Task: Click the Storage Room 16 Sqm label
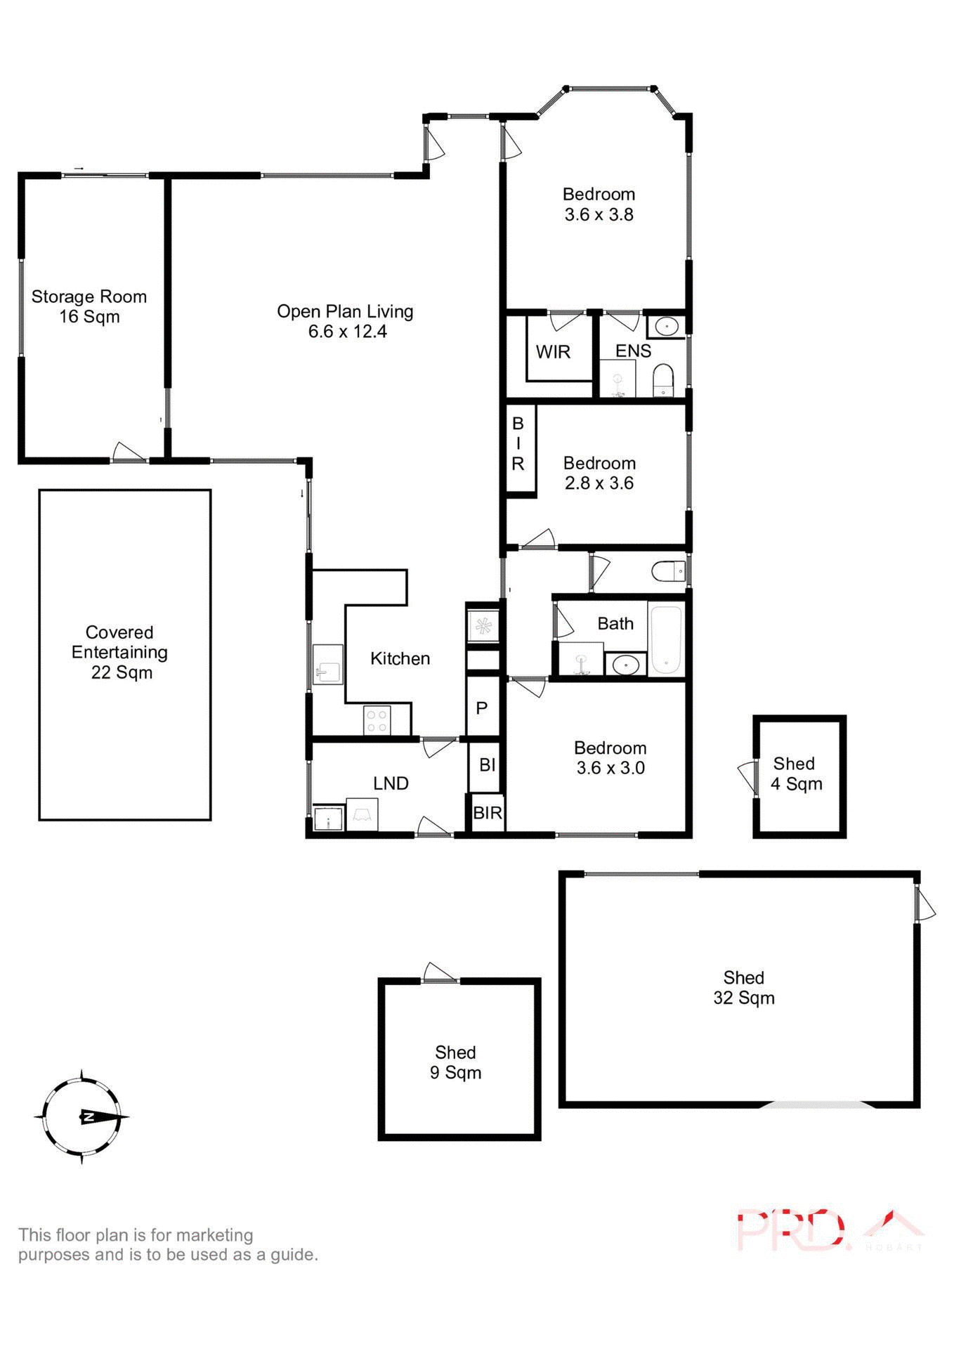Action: click(x=89, y=306)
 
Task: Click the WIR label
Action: click(x=553, y=352)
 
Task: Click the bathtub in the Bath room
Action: click(x=665, y=640)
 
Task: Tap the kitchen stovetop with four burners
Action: click(x=377, y=720)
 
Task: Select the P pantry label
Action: click(x=482, y=708)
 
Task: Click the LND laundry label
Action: click(x=391, y=783)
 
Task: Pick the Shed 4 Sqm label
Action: click(x=796, y=774)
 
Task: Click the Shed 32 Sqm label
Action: click(x=743, y=987)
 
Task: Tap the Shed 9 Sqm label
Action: click(x=456, y=1062)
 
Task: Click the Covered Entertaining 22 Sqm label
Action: click(x=120, y=652)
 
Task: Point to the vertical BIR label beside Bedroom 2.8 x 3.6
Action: click(x=518, y=443)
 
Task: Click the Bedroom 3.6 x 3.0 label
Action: click(x=610, y=757)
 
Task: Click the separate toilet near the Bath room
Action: click(x=667, y=571)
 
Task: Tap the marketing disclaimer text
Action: click(x=168, y=1244)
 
